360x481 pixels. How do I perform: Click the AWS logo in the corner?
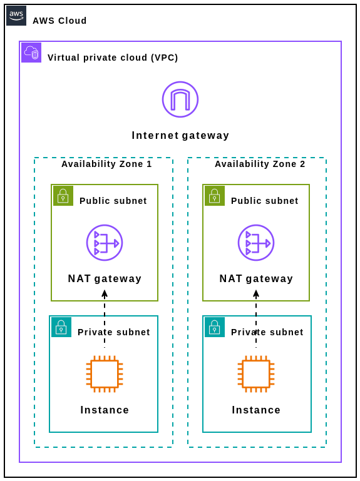(16, 16)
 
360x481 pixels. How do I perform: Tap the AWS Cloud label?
(59, 21)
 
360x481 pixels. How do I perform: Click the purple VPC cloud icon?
(31, 53)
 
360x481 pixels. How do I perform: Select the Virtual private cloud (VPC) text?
(113, 58)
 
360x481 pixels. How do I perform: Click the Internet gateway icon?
(180, 99)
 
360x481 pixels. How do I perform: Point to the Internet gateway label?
(180, 136)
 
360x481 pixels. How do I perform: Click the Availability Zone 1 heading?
(106, 164)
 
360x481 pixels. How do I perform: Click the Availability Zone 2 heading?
(260, 164)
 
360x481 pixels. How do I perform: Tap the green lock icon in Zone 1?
(63, 196)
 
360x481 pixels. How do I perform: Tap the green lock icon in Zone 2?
(215, 196)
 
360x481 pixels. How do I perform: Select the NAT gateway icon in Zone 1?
(105, 243)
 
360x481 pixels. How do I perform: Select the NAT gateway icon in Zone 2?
(256, 243)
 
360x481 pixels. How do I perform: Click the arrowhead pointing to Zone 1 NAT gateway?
(105, 293)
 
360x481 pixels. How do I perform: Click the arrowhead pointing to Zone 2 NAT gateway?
(256, 293)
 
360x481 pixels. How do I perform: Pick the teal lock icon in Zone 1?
(61, 327)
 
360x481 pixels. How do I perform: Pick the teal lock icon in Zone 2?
(215, 327)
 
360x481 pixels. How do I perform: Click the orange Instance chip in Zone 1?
(105, 374)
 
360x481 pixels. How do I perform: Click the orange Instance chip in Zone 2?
(256, 374)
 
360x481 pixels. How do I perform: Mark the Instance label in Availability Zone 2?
(256, 410)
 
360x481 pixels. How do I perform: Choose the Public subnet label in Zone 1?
(113, 201)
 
